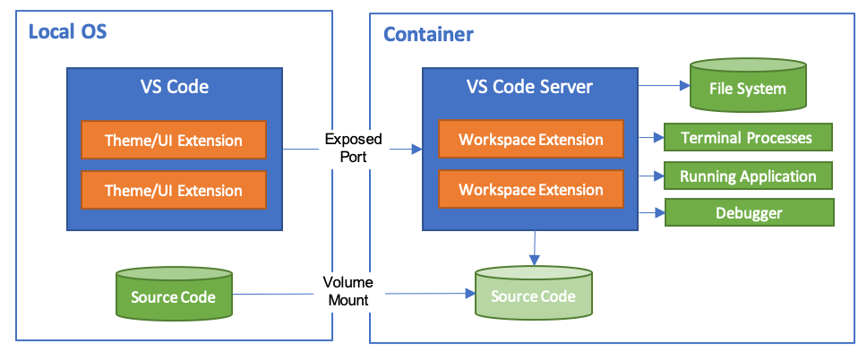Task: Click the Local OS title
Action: [x=68, y=32]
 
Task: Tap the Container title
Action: [x=428, y=35]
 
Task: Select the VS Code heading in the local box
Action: [x=175, y=87]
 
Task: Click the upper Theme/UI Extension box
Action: [x=174, y=140]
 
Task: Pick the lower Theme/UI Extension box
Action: [x=174, y=190]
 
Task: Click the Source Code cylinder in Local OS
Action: [x=174, y=295]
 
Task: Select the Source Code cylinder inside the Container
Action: [x=534, y=295]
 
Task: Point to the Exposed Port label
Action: [x=353, y=148]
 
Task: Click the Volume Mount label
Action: [x=348, y=291]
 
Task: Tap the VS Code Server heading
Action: [x=529, y=87]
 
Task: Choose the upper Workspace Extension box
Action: [x=531, y=140]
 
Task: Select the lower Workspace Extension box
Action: [x=531, y=190]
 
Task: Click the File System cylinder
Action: [x=747, y=88]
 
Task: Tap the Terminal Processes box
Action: [x=747, y=138]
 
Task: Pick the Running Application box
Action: [x=748, y=176]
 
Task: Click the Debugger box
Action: [x=749, y=213]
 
